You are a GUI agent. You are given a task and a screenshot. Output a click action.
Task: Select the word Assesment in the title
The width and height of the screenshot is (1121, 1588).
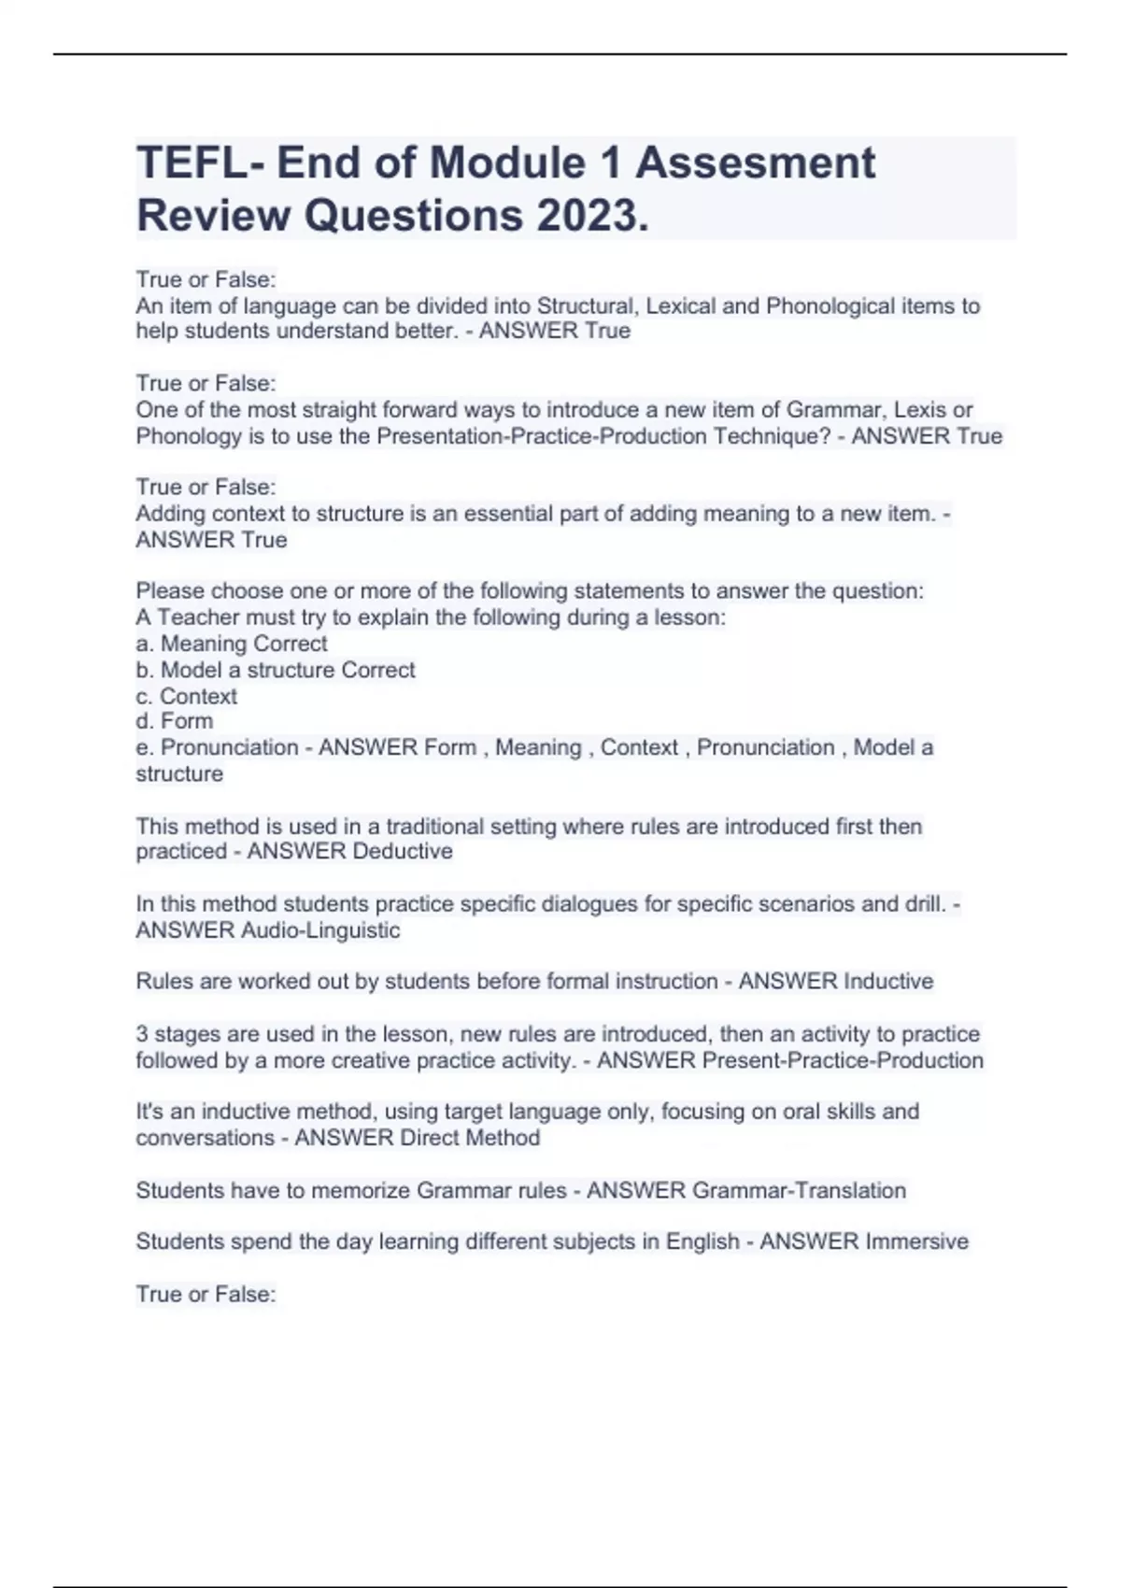tap(756, 163)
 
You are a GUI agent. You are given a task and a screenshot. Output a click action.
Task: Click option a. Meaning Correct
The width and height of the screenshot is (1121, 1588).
tap(232, 644)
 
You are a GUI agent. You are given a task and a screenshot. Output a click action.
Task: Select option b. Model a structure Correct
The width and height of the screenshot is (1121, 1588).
tap(276, 670)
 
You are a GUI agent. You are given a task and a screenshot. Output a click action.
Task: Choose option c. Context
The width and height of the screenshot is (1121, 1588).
tap(187, 696)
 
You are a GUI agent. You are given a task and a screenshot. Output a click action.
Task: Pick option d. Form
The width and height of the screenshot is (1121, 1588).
tap(175, 721)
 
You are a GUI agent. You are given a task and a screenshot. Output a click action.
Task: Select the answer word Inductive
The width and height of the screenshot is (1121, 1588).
tap(887, 982)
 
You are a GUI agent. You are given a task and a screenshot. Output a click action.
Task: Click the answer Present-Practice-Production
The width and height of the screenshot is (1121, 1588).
tap(842, 1061)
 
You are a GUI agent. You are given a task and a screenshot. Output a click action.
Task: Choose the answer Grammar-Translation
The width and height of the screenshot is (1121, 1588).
tap(799, 1191)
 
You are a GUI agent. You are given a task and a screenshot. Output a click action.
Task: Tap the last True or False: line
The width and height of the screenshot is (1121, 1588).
tap(206, 1295)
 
